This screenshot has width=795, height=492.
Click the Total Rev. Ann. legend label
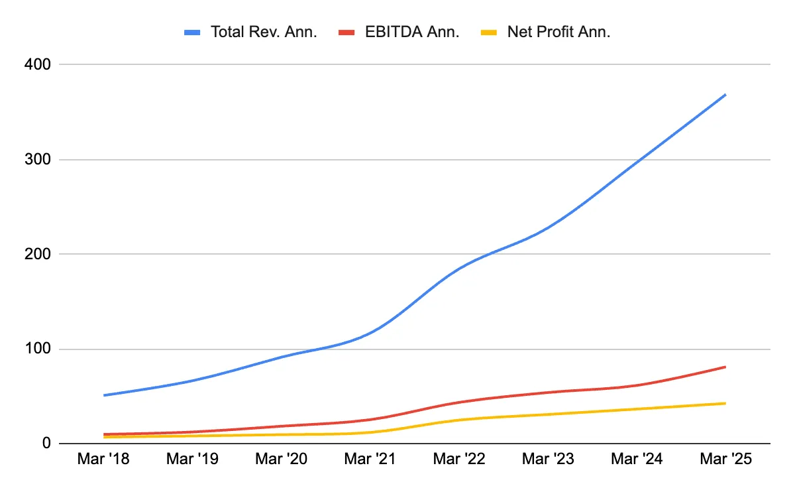(x=264, y=32)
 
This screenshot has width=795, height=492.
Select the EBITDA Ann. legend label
(x=412, y=32)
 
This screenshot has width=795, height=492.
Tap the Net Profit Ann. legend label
(x=558, y=32)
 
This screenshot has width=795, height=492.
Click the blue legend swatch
(x=193, y=32)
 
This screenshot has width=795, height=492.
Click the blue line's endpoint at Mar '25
(x=725, y=95)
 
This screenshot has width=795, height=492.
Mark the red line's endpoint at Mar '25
(x=725, y=367)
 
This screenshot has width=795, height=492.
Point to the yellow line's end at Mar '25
(x=725, y=403)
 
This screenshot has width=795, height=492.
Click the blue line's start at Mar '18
(x=104, y=395)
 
